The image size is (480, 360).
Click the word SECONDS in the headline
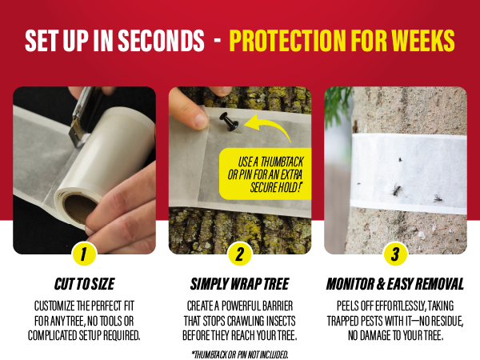(161, 41)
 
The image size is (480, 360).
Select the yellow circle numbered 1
(84, 254)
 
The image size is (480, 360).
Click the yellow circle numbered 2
(240, 254)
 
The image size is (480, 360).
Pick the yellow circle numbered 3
(395, 254)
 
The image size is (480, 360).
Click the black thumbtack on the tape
(230, 122)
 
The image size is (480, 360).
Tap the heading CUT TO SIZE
(85, 284)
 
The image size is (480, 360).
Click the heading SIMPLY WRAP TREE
(240, 284)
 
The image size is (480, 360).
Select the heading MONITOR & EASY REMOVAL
(395, 284)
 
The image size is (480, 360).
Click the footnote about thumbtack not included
(240, 354)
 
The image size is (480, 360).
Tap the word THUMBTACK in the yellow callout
(282, 162)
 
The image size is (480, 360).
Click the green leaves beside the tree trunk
(338, 104)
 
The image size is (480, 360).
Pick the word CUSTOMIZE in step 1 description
(54, 306)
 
